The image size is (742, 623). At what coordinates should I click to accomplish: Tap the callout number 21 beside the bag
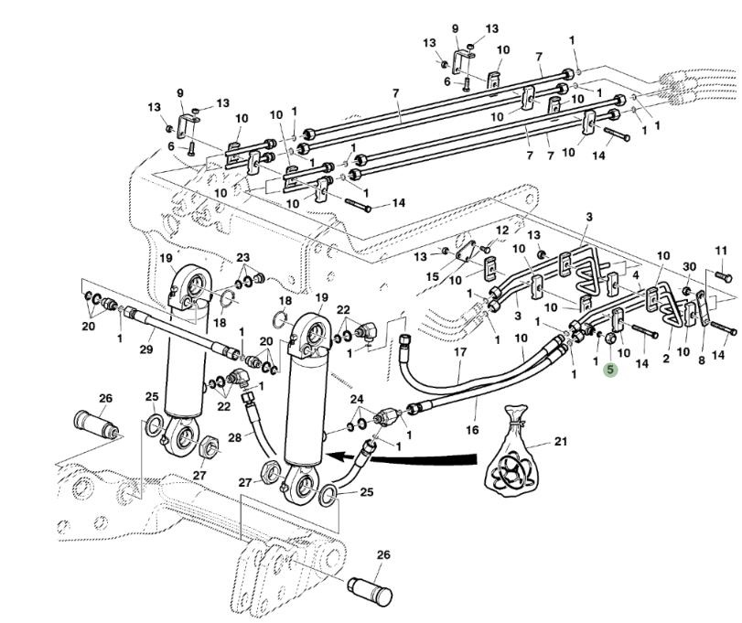561,442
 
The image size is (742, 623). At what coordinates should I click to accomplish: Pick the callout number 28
235,438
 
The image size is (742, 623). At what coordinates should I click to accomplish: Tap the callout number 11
721,250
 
